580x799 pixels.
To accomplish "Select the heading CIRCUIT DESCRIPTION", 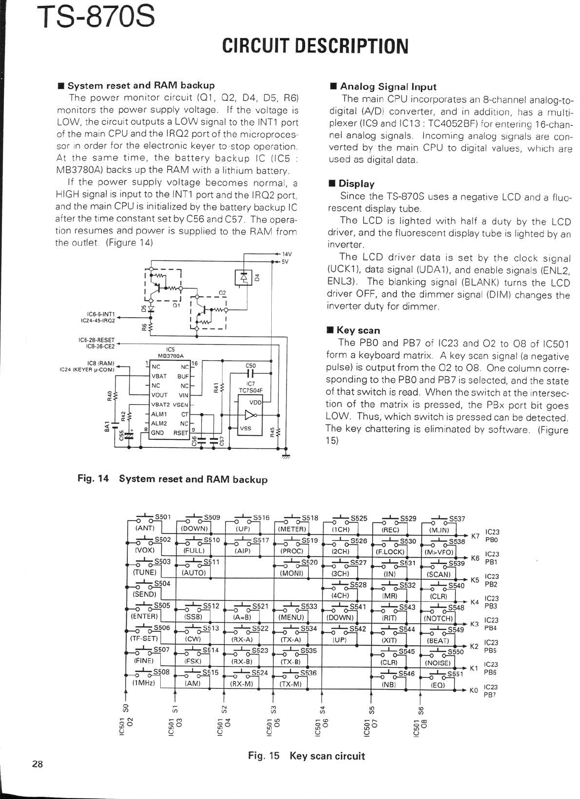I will (315, 46).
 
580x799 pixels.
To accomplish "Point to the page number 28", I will (38, 765).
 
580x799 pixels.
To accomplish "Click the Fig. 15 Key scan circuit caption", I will (306, 756).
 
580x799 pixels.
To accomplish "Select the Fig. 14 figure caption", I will (172, 479).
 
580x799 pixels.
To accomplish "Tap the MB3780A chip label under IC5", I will (171, 356).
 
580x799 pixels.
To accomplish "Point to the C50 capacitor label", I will (250, 365).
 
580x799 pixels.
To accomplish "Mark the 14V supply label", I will (287, 253).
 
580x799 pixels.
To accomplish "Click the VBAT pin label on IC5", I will (159, 376).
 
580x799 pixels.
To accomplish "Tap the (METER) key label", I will (293, 529).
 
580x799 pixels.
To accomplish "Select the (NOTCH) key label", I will (439, 618).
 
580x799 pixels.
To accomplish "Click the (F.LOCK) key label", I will (389, 552).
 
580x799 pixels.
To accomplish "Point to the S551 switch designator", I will (455, 674).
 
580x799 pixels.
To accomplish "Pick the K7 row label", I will (475, 536).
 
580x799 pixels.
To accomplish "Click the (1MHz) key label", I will (143, 683).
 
